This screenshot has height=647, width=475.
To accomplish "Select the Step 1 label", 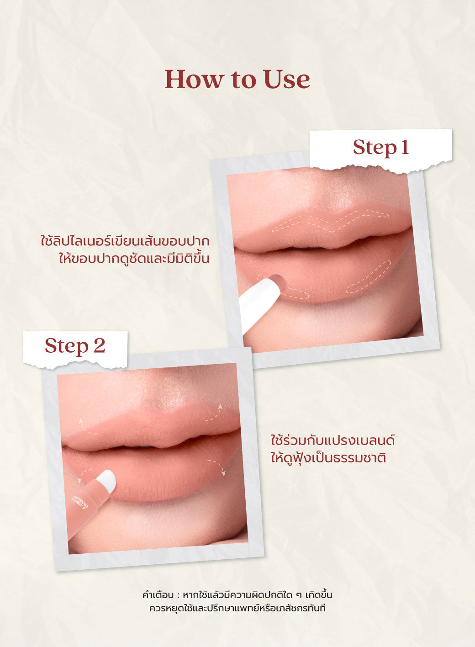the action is (381, 147).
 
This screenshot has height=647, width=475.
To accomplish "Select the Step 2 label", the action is (75, 346).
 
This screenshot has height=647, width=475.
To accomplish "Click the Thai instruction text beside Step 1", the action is (125, 250).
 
